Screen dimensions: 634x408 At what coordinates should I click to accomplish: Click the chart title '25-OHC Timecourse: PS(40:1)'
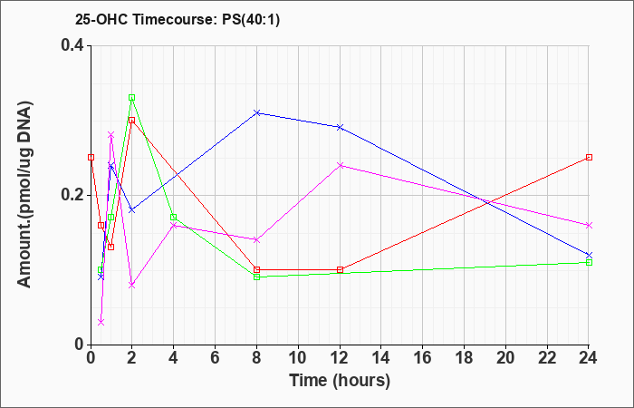point(178,20)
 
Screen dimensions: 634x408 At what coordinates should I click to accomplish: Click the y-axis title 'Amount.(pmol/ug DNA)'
point(24,194)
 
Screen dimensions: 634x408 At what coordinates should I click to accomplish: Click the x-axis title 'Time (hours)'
point(340,381)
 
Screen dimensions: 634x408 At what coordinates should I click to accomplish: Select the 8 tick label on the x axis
point(256,358)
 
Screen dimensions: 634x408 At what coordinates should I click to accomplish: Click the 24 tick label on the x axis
point(589,358)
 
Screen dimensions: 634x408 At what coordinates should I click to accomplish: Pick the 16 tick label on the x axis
point(423,358)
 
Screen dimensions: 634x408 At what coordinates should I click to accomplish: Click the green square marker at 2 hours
point(132,98)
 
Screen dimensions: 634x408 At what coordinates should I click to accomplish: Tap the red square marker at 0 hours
point(91,157)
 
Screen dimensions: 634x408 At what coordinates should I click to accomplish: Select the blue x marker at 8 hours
point(256,112)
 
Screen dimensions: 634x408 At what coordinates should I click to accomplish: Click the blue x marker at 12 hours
point(340,127)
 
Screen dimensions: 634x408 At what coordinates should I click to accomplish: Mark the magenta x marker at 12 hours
point(340,165)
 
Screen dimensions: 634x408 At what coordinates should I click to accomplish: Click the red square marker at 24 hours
point(589,157)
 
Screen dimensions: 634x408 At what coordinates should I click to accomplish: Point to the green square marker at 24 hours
point(589,262)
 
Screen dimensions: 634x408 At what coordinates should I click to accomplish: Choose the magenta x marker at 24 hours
point(589,225)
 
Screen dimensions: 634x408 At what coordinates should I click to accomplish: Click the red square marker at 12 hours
point(340,269)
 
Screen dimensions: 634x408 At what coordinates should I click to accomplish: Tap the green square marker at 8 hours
point(256,277)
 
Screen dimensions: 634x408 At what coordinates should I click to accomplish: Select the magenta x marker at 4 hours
point(174,225)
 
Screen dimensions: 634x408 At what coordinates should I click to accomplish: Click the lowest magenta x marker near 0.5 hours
point(101,322)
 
